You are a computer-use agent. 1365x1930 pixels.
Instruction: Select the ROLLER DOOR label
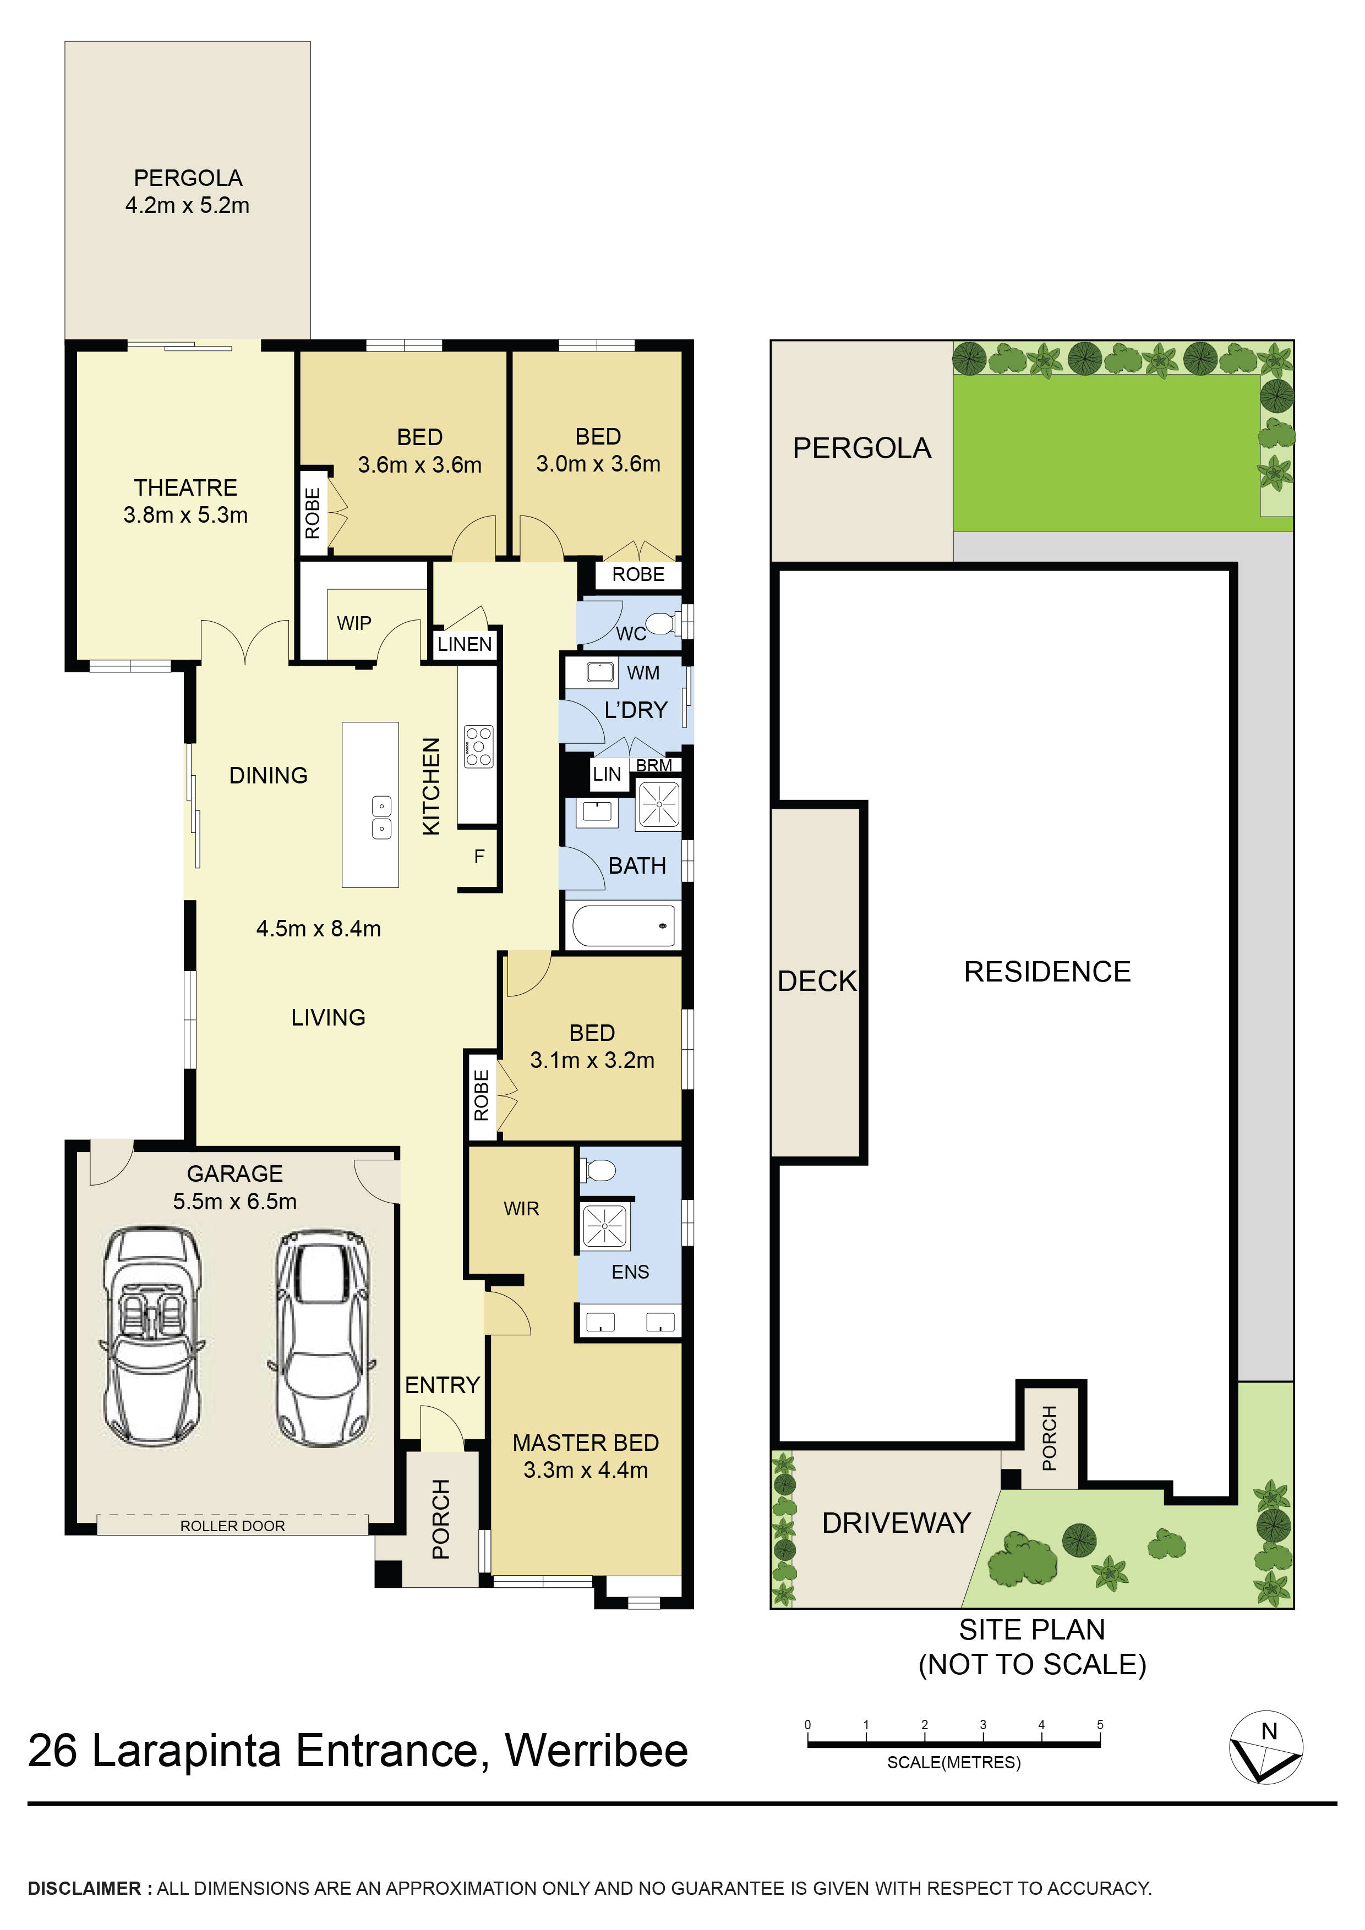click(x=232, y=1526)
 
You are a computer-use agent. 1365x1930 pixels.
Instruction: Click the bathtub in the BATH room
click(x=623, y=925)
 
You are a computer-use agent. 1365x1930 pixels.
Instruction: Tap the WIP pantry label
click(x=354, y=623)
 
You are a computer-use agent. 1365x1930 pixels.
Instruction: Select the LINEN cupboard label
click(x=464, y=644)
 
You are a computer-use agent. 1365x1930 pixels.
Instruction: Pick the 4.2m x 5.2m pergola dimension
click(x=188, y=205)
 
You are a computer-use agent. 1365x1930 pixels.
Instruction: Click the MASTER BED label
click(x=586, y=1443)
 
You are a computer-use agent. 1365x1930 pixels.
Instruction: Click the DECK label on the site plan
click(x=817, y=981)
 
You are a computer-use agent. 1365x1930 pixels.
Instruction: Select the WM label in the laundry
click(x=643, y=672)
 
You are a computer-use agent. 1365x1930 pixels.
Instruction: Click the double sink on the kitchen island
click(x=382, y=817)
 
